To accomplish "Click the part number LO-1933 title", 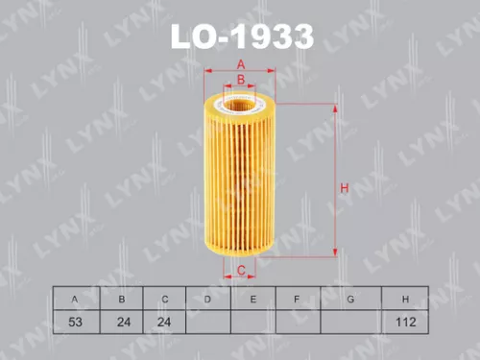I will [241, 36].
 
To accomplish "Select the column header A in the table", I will [75, 300].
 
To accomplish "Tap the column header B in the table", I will [121, 300].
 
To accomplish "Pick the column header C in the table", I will [165, 300].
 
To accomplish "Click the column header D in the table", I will [208, 300].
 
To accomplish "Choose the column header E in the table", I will [252, 300].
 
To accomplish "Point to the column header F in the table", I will [298, 300].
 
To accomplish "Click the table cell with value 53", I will [75, 323].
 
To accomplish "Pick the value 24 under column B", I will [121, 323].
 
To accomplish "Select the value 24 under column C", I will [165, 323].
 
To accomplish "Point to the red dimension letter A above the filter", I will [241, 64].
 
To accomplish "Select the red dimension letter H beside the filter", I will [343, 188].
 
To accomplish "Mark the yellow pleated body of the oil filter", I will [241, 178].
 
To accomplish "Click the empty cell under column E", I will [252, 323].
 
